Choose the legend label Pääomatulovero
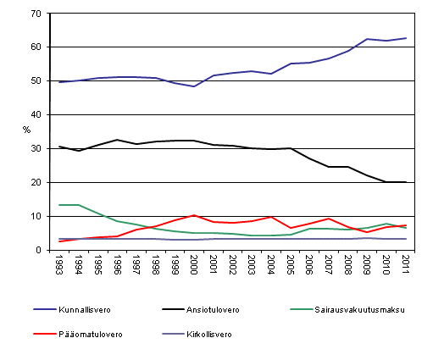[x=94, y=334]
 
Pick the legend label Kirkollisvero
[x=212, y=334]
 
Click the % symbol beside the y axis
[x=27, y=130]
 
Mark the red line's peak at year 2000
[x=195, y=215]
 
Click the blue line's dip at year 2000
[x=195, y=86]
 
